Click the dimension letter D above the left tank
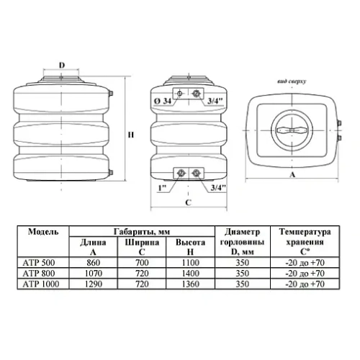point(62,65)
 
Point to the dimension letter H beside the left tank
point(131,135)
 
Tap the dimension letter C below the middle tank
point(189,202)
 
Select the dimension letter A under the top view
point(292,174)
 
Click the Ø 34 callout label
point(163,101)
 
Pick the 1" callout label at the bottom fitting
point(162,188)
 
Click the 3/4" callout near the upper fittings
point(215,101)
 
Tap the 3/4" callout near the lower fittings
point(218,187)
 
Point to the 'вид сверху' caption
point(292,81)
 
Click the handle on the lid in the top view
point(292,130)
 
